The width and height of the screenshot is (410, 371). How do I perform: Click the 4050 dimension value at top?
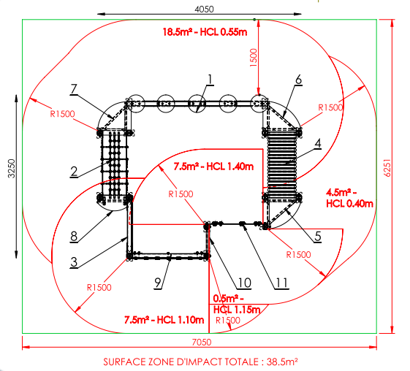point(204,9)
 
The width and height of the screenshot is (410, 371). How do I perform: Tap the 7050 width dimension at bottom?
point(201,342)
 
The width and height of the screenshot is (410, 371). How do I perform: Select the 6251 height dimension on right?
point(387,168)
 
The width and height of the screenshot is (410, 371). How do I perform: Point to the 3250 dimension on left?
point(12,169)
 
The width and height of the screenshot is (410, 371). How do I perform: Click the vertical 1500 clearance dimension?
point(254,58)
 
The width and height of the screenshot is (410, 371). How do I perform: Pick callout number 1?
point(210,80)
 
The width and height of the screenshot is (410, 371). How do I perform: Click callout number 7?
point(74,89)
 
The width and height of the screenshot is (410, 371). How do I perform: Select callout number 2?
point(74,172)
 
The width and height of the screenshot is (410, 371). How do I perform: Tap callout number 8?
point(74,237)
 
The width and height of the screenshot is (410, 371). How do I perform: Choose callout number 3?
point(74,261)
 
